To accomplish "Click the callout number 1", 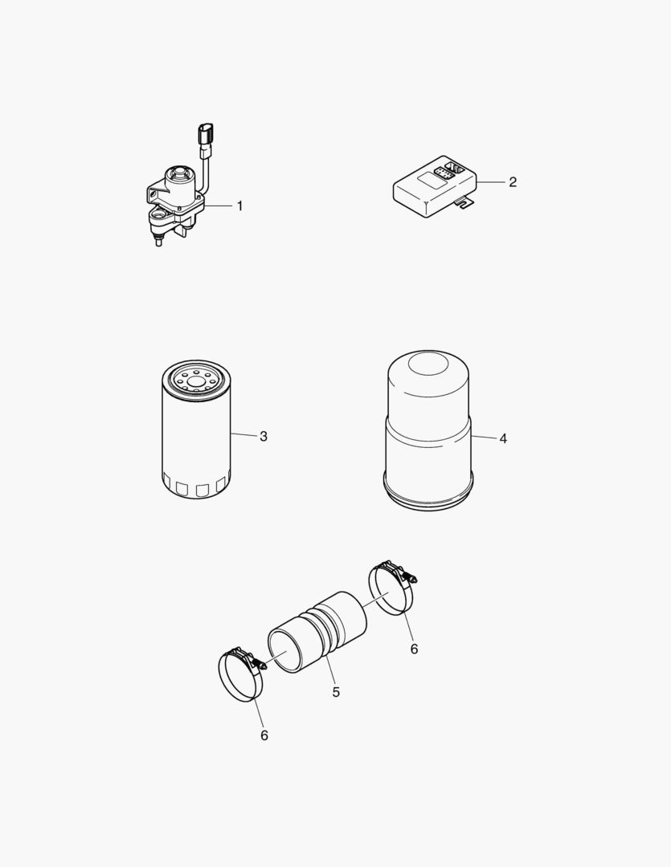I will (x=239, y=206).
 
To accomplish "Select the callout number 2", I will (x=512, y=182).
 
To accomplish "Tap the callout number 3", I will (x=263, y=437).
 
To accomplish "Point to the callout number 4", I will (x=502, y=439).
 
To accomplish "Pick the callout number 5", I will (x=336, y=691).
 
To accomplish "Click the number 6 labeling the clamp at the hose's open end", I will (x=264, y=735).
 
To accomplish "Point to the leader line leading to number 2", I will (x=491, y=183).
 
